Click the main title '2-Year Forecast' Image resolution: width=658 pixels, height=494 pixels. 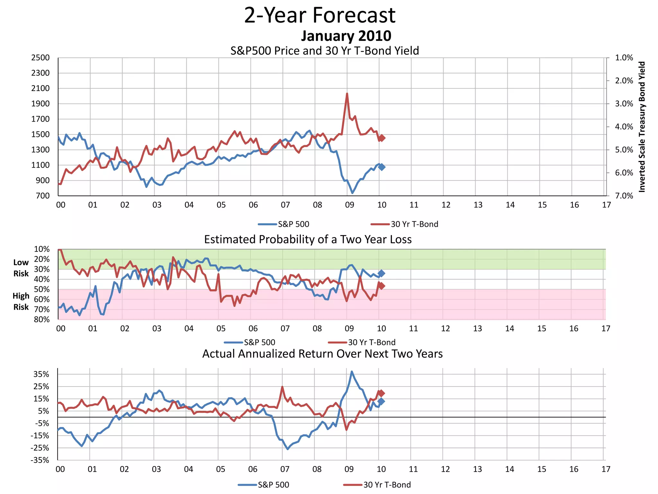(x=320, y=15)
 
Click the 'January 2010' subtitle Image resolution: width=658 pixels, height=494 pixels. (x=346, y=36)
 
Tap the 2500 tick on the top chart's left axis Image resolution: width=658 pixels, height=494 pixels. (x=40, y=58)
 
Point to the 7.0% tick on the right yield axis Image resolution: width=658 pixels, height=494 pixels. (x=624, y=196)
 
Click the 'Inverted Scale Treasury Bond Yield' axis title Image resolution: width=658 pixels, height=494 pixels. (x=642, y=127)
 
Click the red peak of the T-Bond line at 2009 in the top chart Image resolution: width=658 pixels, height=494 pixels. (x=347, y=94)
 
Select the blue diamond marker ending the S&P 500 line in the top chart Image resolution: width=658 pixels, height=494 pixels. (x=382, y=167)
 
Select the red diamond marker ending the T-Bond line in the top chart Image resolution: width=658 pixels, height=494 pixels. (x=382, y=138)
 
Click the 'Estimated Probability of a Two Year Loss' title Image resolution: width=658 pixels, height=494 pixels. (x=308, y=240)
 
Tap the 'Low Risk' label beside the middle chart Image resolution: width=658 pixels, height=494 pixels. (x=21, y=268)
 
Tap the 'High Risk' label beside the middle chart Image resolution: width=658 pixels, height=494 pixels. (x=21, y=301)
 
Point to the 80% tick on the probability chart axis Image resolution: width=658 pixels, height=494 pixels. (x=42, y=319)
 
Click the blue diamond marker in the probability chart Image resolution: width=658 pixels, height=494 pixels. (x=381, y=273)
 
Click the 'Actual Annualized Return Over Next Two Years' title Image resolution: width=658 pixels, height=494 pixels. (x=322, y=354)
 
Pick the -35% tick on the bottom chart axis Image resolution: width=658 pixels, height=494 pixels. (x=40, y=460)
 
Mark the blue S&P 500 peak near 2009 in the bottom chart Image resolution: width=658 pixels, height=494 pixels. (x=352, y=372)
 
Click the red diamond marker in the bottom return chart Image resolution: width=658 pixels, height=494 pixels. (x=381, y=393)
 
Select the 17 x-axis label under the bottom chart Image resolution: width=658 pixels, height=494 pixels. (x=606, y=469)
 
